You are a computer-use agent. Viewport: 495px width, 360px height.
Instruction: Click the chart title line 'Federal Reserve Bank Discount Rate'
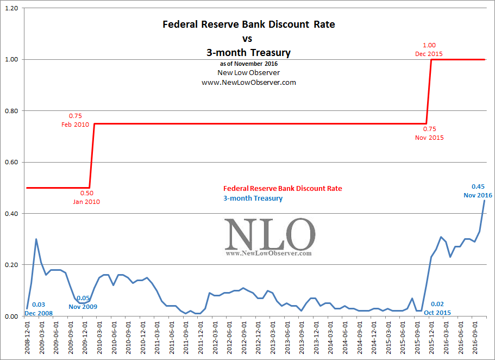tap(249, 24)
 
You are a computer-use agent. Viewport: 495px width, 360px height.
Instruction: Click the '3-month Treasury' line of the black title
tap(249, 53)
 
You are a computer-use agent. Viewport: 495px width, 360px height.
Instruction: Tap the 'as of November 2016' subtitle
tap(249, 64)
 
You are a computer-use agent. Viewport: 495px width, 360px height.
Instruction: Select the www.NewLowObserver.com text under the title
tap(249, 82)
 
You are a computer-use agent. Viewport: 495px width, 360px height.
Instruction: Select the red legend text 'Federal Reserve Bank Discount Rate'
tap(283, 188)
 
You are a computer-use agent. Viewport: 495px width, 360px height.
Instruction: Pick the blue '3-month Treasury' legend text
tap(253, 198)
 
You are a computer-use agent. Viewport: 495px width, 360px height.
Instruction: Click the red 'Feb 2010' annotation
tap(75, 125)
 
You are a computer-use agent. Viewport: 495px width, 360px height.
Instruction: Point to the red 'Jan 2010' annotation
tap(87, 202)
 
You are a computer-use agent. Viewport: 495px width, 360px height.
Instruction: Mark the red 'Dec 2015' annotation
tap(429, 54)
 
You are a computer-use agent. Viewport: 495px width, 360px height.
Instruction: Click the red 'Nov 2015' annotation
tap(429, 138)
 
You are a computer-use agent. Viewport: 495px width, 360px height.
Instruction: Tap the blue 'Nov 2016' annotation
tap(478, 195)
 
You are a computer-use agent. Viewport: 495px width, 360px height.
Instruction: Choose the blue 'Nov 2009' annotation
tap(83, 307)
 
